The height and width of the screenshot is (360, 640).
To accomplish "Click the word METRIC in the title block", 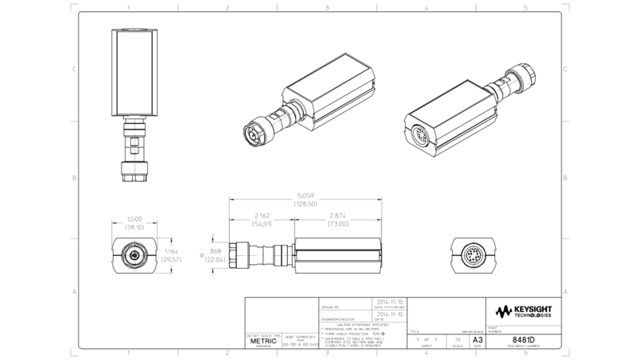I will (x=262, y=340).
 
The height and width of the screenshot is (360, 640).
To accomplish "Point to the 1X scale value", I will (x=457, y=340).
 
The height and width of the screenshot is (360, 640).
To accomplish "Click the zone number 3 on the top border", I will (x=327, y=7).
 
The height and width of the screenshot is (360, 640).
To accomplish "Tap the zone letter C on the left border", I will (x=74, y=69).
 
